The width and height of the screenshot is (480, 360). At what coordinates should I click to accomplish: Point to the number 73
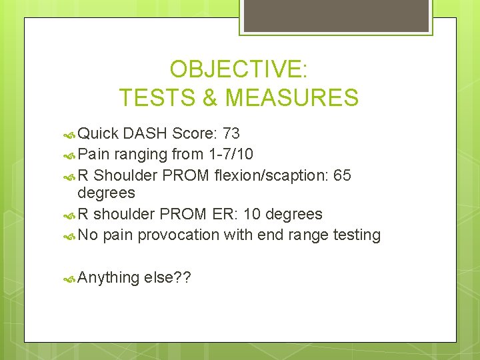click(x=233, y=133)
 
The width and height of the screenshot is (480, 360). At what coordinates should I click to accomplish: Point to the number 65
click(x=341, y=175)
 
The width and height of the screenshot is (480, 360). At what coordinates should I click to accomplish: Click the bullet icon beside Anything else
click(x=71, y=277)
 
